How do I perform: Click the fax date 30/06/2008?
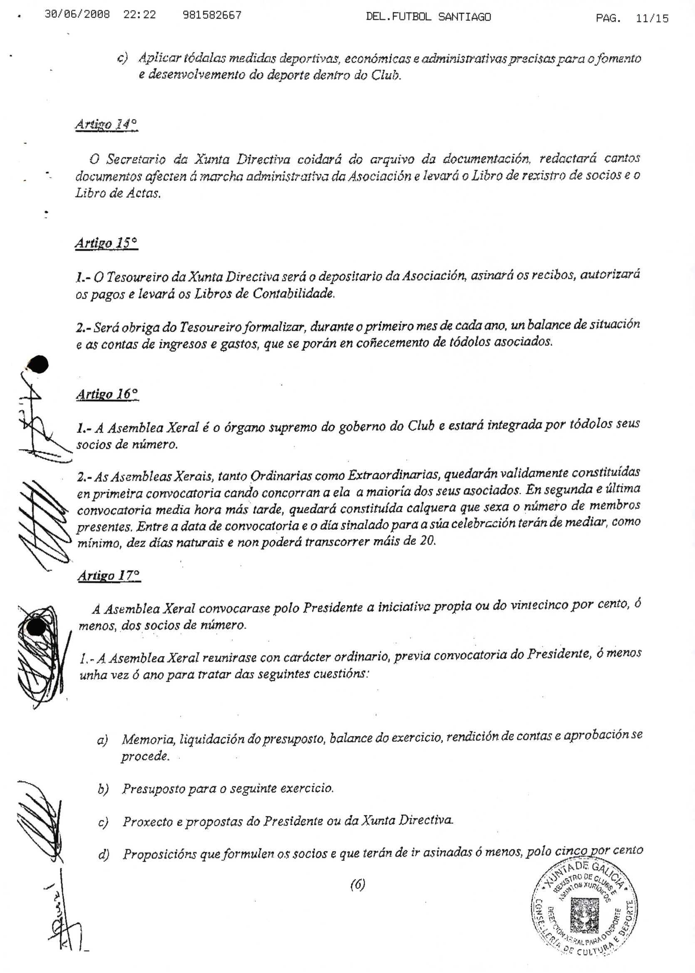[77, 15]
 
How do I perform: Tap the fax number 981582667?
[212, 15]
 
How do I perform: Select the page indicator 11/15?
[652, 18]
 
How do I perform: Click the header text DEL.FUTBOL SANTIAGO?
[428, 17]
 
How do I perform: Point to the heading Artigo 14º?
[106, 125]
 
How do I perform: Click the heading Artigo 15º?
[106, 243]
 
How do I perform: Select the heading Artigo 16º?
[107, 394]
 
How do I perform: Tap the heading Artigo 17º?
[109, 576]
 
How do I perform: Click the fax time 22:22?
[139, 15]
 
